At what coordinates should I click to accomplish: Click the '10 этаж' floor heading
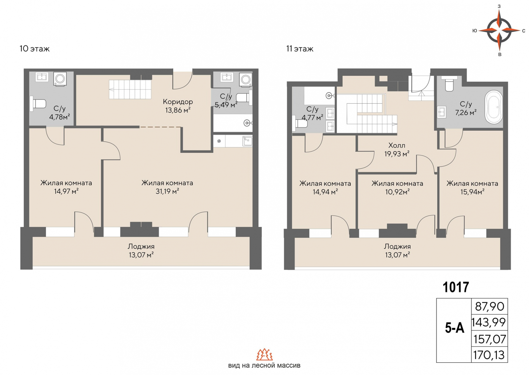(34, 49)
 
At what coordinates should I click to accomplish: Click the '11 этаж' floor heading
(299, 49)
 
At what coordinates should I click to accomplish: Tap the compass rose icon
(499, 30)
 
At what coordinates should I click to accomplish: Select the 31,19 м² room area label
(167, 191)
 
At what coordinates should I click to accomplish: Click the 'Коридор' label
(178, 102)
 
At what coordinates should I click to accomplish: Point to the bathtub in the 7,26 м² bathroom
(493, 107)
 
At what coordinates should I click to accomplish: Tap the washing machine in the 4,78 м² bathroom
(60, 79)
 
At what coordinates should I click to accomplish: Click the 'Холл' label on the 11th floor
(396, 145)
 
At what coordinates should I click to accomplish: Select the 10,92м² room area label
(397, 192)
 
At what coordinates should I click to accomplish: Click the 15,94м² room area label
(472, 192)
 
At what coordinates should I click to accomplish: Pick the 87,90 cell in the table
(489, 306)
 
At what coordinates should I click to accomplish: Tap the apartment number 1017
(456, 287)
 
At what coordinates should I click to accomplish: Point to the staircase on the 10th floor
(130, 89)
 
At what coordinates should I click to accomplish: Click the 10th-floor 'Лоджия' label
(141, 246)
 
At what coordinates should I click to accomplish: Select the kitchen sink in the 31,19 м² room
(247, 141)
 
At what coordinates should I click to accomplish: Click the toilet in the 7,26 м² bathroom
(449, 85)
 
